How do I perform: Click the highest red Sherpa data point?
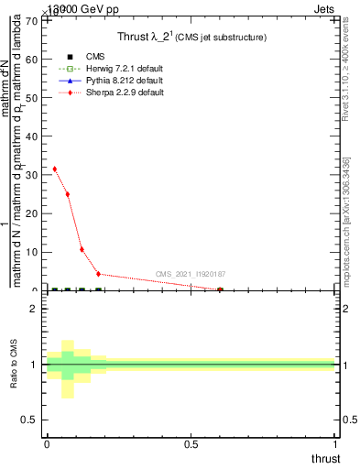coord(55,169)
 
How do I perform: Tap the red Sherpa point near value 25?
coord(68,194)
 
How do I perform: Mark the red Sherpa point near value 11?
coord(82,249)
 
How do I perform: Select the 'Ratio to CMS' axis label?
coord(14,365)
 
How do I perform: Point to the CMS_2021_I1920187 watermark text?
coord(191,274)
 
